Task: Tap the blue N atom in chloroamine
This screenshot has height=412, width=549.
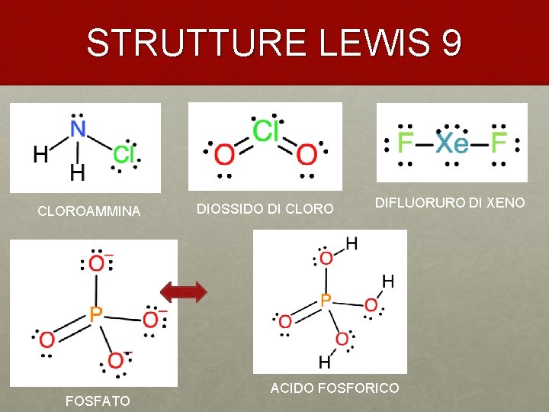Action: click(x=78, y=129)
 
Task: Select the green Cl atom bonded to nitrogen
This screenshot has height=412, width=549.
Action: click(x=124, y=154)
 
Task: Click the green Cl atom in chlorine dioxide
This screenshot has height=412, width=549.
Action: click(x=265, y=132)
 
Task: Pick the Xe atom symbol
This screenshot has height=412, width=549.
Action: click(x=452, y=143)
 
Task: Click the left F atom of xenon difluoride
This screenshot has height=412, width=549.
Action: click(x=406, y=143)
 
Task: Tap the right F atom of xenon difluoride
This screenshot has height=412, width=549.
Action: click(x=499, y=143)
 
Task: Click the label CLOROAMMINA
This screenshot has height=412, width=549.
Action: click(x=89, y=211)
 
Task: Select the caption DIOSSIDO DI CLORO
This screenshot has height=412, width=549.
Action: click(x=265, y=208)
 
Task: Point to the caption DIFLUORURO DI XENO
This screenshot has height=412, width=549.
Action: click(x=450, y=202)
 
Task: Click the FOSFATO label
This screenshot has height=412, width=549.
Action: click(x=97, y=401)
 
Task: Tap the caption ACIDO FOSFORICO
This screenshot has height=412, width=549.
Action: click(x=334, y=388)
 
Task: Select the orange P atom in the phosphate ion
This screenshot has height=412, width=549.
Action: click(x=95, y=313)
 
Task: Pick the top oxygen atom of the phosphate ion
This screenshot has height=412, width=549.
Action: click(x=97, y=263)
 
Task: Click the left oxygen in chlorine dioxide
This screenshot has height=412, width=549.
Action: click(x=224, y=156)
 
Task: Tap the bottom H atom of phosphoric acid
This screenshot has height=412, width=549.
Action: click(x=324, y=360)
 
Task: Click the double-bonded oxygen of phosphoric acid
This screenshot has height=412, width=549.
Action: click(x=284, y=321)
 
